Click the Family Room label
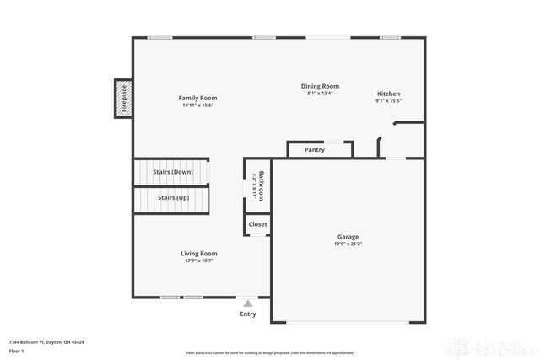pos(197,98)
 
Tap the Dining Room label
pos(321,86)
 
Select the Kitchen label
pos(388,94)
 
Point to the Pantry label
pos(315,150)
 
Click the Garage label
pos(348,237)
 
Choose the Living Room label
pos(199,253)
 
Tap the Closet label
pos(258,224)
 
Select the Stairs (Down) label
pos(173,172)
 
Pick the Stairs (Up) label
pos(173,197)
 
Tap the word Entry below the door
pos(248,314)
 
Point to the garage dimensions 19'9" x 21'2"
pos(348,244)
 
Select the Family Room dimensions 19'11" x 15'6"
pos(197,105)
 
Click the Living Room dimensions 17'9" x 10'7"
pos(199,261)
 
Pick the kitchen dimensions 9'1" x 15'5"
pos(388,101)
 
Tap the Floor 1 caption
pos(16,351)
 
